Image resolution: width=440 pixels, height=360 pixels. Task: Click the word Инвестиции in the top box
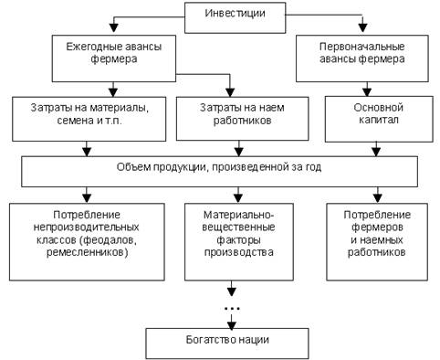pyautogui.click(x=235, y=14)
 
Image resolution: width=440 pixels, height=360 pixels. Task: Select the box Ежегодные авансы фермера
pyautogui.click(x=114, y=58)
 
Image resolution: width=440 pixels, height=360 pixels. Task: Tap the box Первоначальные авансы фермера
pyautogui.click(x=362, y=58)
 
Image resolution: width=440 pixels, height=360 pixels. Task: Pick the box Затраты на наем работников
pyautogui.click(x=242, y=119)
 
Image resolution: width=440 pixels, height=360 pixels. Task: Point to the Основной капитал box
pyautogui.click(x=379, y=120)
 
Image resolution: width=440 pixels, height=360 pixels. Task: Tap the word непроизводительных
pyautogui.click(x=86, y=228)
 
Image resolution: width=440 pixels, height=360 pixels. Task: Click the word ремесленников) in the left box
pyautogui.click(x=87, y=252)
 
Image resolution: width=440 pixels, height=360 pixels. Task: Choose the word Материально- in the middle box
pyautogui.click(x=239, y=215)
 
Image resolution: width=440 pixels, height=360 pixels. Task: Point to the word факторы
pyautogui.click(x=238, y=240)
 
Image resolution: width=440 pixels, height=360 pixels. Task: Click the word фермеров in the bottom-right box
pyautogui.click(x=377, y=228)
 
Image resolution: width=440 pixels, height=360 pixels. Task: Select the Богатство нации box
pyautogui.click(x=227, y=344)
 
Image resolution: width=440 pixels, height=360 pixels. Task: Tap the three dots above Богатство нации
pyautogui.click(x=232, y=309)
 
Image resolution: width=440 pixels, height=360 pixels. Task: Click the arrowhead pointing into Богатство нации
pyautogui.click(x=232, y=325)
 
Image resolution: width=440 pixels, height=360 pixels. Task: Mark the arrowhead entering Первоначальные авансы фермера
pyautogui.click(x=362, y=28)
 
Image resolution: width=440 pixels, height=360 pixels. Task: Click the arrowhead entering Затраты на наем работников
pyautogui.click(x=230, y=92)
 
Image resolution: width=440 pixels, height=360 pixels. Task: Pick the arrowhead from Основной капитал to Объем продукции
pyautogui.click(x=376, y=152)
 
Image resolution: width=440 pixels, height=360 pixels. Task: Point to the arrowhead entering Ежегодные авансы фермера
pyautogui.click(x=114, y=28)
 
